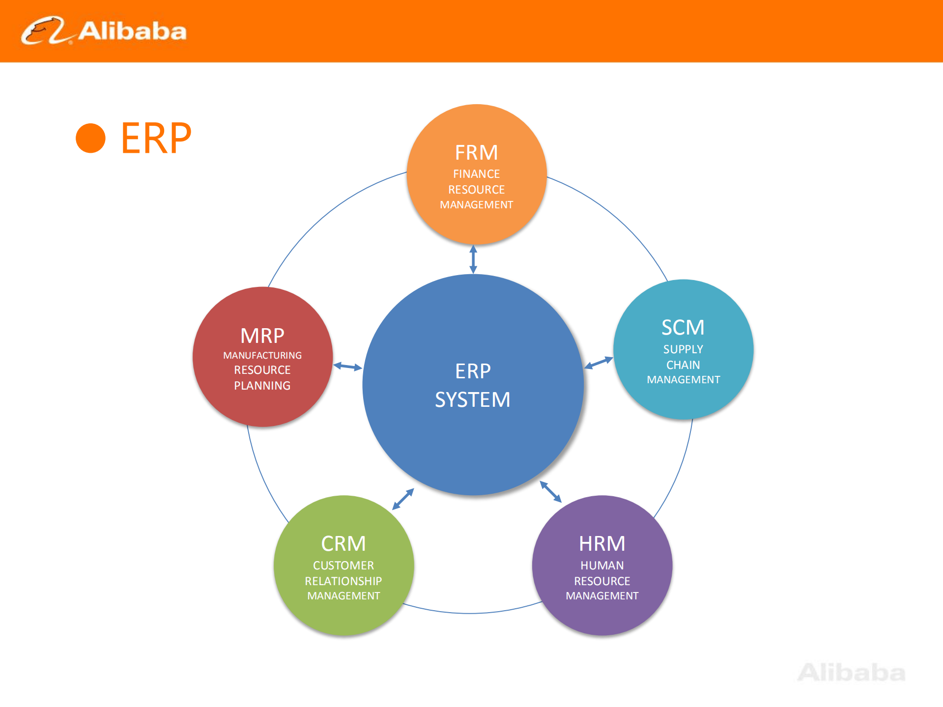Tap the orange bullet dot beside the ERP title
click(90, 138)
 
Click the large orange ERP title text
click(156, 139)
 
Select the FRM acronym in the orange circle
click(476, 153)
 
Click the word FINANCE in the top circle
click(476, 174)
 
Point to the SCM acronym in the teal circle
click(683, 328)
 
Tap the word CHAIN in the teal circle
click(683, 365)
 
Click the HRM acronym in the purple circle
click(602, 544)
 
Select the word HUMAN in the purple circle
click(602, 566)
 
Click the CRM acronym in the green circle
click(343, 544)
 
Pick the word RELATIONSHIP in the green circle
click(343, 581)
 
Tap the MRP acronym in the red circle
click(262, 336)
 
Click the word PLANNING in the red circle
click(262, 386)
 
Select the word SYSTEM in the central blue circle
click(473, 399)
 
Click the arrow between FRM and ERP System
click(473, 259)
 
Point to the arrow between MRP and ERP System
click(347, 367)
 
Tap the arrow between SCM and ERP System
click(599, 363)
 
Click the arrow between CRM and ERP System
click(403, 499)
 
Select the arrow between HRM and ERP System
click(550, 492)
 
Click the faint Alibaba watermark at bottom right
click(851, 673)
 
